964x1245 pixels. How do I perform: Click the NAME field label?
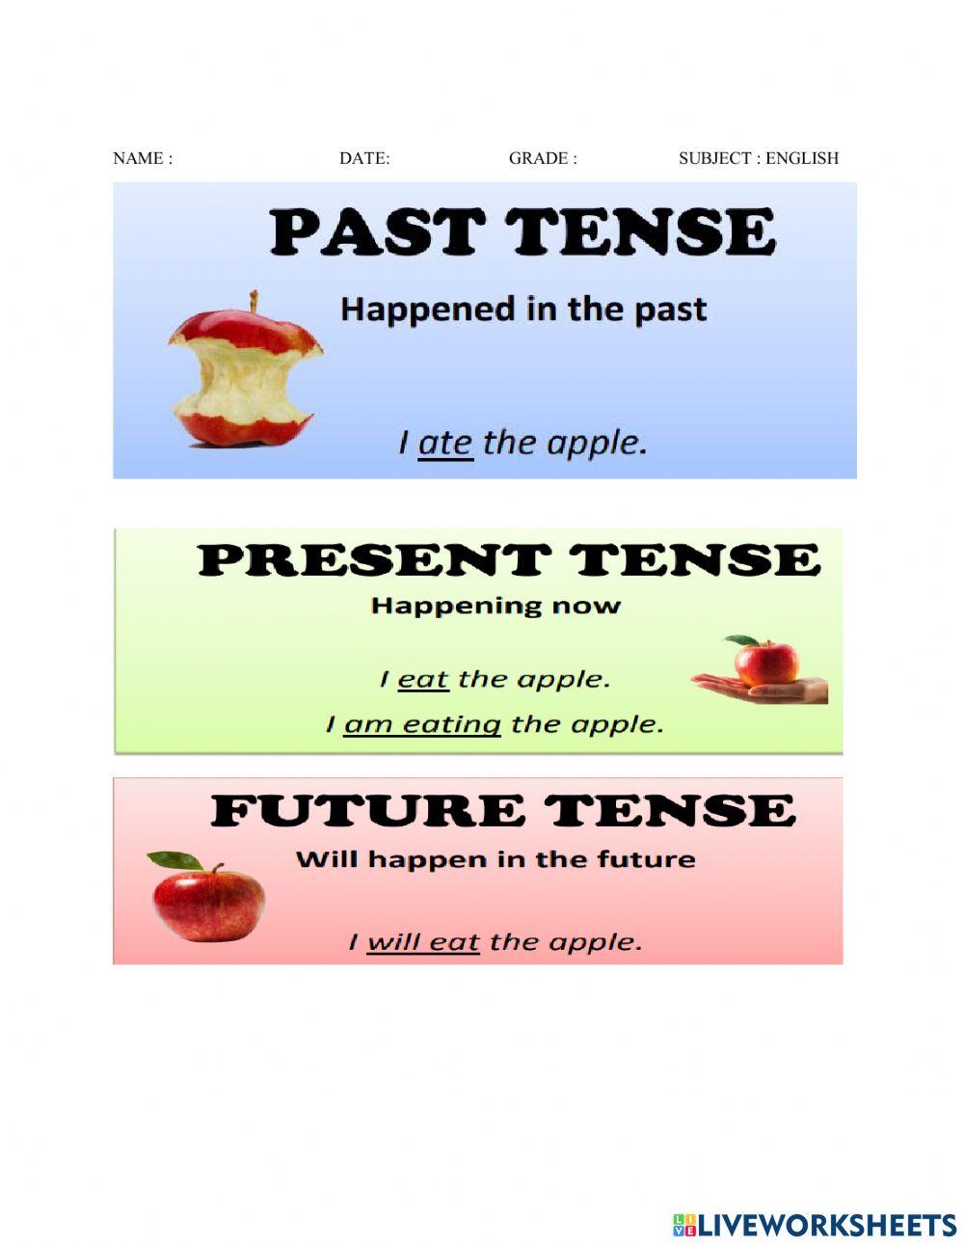pos(142,158)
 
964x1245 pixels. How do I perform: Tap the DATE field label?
pos(364,158)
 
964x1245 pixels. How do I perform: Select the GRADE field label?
pos(543,158)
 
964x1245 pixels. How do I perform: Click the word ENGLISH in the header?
pos(802,158)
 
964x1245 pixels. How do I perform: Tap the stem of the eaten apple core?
pos(254,302)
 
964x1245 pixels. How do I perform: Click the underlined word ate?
pos(445,444)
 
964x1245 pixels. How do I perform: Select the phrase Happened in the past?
pos(523,311)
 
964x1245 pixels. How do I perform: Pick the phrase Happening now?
pos(495,607)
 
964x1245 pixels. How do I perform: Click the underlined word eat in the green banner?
pos(423,680)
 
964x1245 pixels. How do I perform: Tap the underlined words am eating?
pos(422,724)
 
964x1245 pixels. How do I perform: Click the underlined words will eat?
pos(423,941)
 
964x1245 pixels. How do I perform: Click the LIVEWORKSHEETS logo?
pos(815,1225)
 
